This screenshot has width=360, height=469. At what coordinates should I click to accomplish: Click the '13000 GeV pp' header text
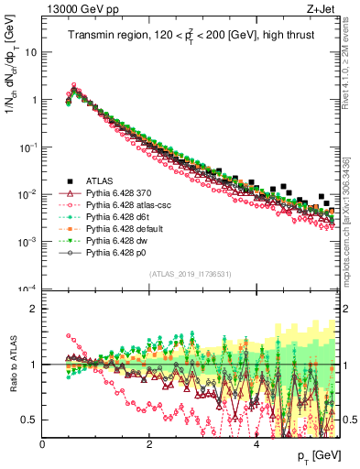[x=79, y=9]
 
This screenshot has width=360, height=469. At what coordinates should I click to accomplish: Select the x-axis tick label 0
[x=43, y=444]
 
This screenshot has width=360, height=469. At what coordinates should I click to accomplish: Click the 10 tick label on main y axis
[x=31, y=52]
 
